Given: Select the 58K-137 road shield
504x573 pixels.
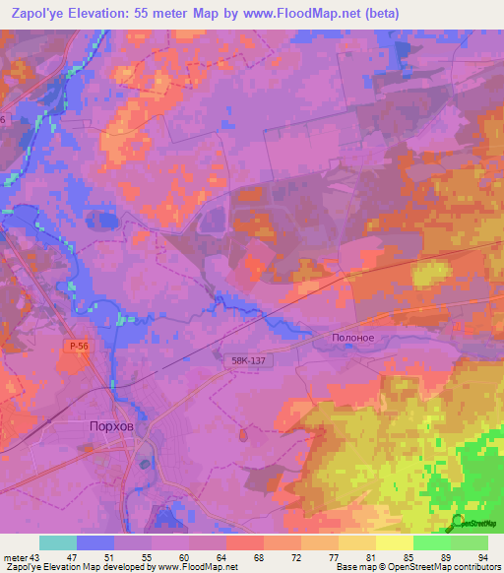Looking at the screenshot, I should (x=242, y=361).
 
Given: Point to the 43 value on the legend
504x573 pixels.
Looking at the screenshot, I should (x=34, y=556).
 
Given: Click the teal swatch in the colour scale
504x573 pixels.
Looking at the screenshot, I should (x=58, y=542).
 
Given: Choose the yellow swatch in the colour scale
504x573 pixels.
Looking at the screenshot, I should (x=394, y=542).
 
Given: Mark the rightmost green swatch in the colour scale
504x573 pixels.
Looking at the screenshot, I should (x=469, y=542).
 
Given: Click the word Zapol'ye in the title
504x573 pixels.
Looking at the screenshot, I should (x=42, y=14).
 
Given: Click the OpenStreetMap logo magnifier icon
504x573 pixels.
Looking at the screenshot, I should (x=458, y=521).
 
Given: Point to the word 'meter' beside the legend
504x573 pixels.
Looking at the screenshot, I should (x=13, y=556).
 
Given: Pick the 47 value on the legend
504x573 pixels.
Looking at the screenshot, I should (x=71, y=556).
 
